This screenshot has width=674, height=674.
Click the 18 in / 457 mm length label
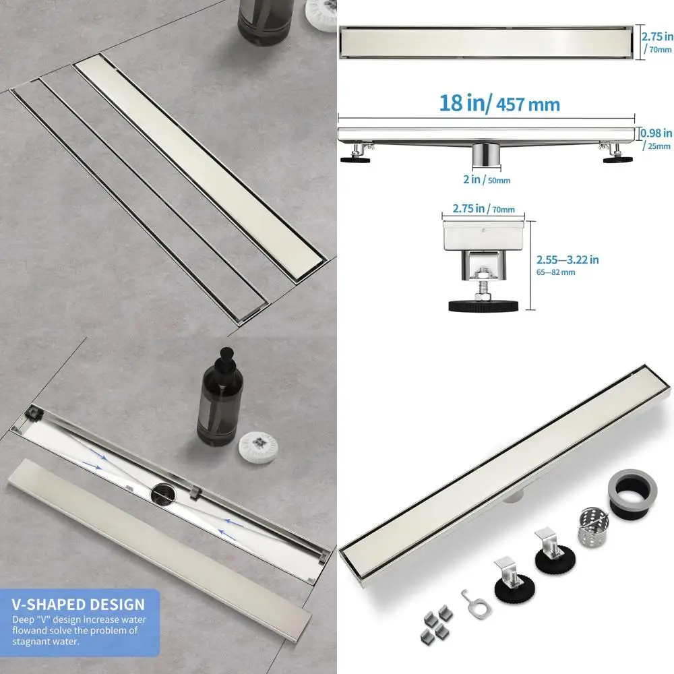pos(499,104)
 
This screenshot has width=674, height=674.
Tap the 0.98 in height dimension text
pos(657,133)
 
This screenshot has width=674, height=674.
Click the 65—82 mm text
pos(555,272)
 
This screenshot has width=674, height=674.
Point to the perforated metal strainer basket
pos(593,526)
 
